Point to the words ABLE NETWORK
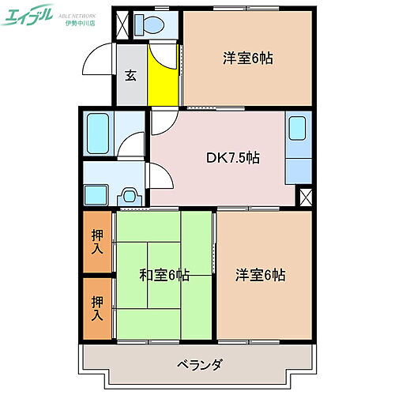coord(81,13)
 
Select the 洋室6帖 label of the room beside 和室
coord(260,275)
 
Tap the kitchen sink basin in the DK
coord(298,130)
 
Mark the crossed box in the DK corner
coord(305,197)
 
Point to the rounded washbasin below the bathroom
coord(130,194)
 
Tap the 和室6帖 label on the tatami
coord(165,275)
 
